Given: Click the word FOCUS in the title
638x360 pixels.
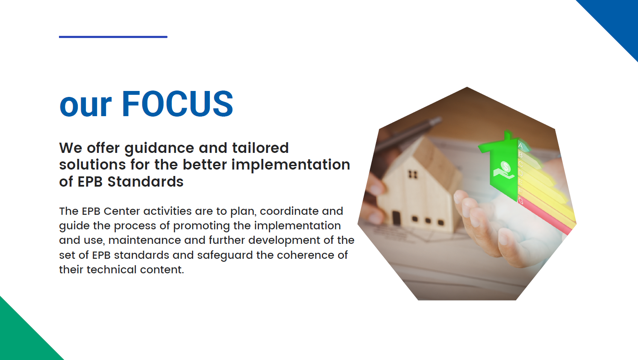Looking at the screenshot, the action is (177, 103).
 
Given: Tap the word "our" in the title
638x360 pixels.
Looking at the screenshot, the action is (85, 106).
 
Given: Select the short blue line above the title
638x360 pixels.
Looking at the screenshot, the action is (113, 37).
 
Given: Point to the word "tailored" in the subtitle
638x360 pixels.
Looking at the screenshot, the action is (260, 148).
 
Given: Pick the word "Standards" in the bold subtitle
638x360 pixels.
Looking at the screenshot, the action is (145, 181).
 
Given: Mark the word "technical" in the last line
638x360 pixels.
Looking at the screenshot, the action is (112, 269).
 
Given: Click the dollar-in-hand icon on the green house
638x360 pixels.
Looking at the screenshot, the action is (504, 170).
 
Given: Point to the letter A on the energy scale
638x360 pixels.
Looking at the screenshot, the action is (520, 146).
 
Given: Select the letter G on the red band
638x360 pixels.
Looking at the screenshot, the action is (521, 201).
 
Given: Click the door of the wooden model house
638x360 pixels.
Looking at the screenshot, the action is (396, 218).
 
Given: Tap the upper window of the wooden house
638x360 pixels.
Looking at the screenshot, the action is (413, 175).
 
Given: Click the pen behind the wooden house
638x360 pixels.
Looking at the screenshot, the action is (410, 134).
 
